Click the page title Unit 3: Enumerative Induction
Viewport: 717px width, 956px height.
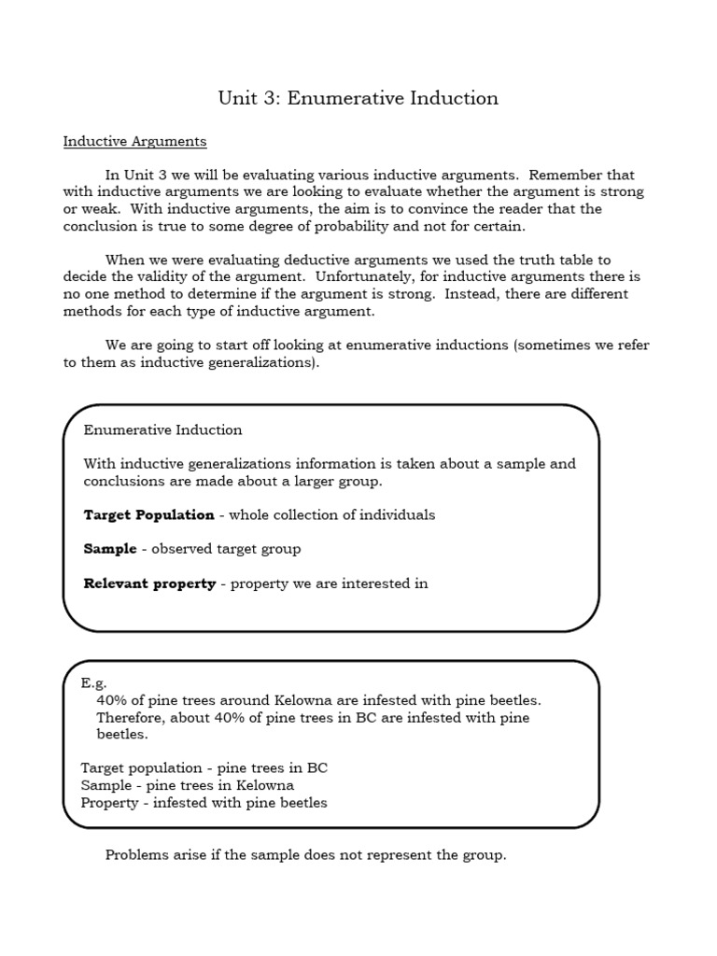point(358,98)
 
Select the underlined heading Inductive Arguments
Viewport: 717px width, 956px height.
point(134,142)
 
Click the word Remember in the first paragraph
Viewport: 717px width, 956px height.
point(560,175)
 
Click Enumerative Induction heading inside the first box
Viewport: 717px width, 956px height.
point(162,430)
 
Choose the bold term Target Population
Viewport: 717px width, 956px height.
point(148,515)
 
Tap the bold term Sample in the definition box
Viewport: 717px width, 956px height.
point(109,549)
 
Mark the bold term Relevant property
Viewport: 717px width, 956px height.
point(149,583)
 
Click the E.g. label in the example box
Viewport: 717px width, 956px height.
point(94,683)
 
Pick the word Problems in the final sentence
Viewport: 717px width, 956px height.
point(138,854)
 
